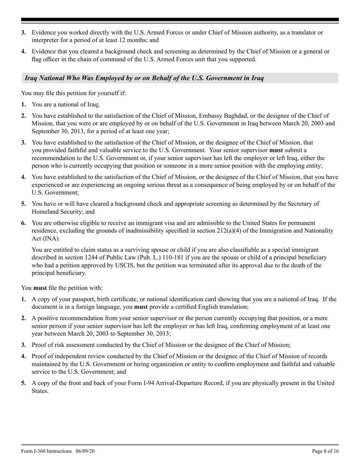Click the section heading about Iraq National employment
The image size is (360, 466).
click(x=144, y=78)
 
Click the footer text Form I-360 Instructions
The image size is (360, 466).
click(x=46, y=451)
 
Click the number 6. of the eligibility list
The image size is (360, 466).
click(x=23, y=223)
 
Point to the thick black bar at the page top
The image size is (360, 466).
click(x=180, y=20)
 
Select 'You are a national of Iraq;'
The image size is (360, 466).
click(x=66, y=105)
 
